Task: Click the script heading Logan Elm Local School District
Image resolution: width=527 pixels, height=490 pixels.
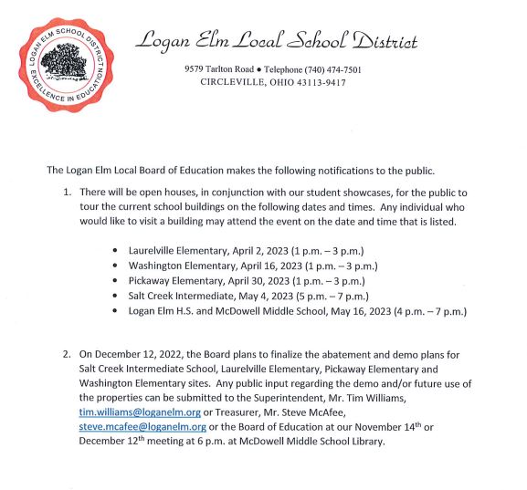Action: (x=277, y=41)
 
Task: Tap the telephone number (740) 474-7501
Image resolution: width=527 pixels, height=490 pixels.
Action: (x=342, y=69)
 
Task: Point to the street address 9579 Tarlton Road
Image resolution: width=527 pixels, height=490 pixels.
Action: (x=220, y=69)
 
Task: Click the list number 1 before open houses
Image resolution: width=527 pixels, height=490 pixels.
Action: (x=67, y=193)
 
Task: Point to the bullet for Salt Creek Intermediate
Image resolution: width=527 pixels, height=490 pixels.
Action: (x=113, y=297)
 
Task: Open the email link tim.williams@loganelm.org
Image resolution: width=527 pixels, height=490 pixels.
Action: (x=140, y=412)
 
